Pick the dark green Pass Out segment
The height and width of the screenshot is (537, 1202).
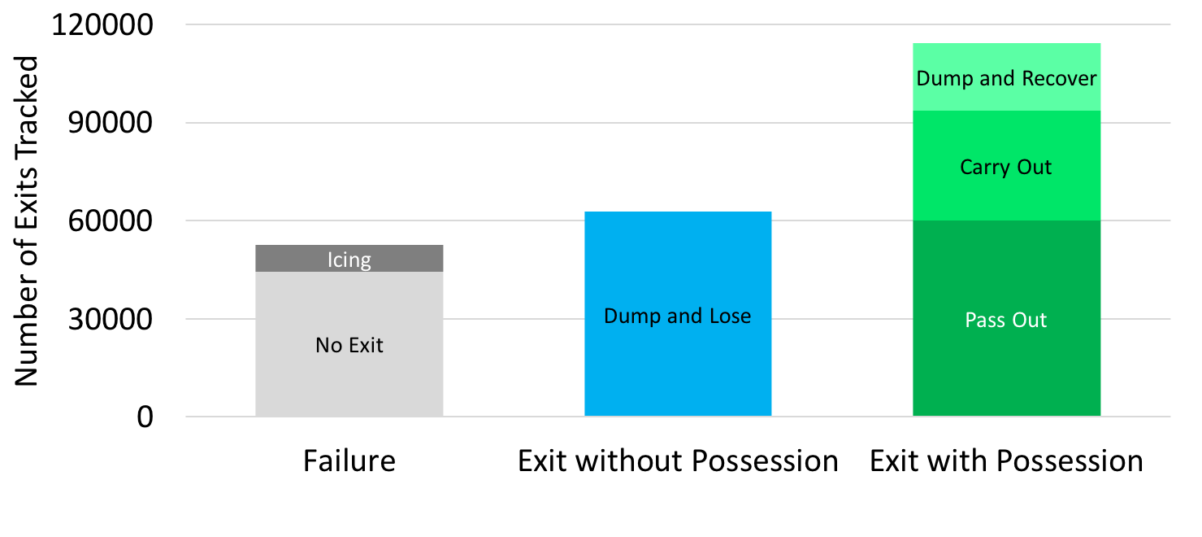pyautogui.click(x=1006, y=366)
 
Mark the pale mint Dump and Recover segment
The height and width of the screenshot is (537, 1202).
pyautogui.click(x=1006, y=57)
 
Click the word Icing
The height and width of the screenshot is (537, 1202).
pyautogui.click(x=349, y=260)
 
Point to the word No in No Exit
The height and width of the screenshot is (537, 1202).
pyautogui.click(x=329, y=346)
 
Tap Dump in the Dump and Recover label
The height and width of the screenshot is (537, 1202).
pyautogui.click(x=943, y=79)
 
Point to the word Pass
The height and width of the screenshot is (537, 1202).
pyautogui.click(x=985, y=321)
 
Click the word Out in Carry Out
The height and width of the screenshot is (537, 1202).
pyautogui.click(x=1034, y=168)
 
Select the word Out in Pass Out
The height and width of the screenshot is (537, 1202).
pyautogui.click(x=1030, y=321)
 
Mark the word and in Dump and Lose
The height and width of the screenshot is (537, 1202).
pyautogui.click(x=679, y=317)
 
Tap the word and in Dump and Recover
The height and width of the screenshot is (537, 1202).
pyautogui.click(x=995, y=79)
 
